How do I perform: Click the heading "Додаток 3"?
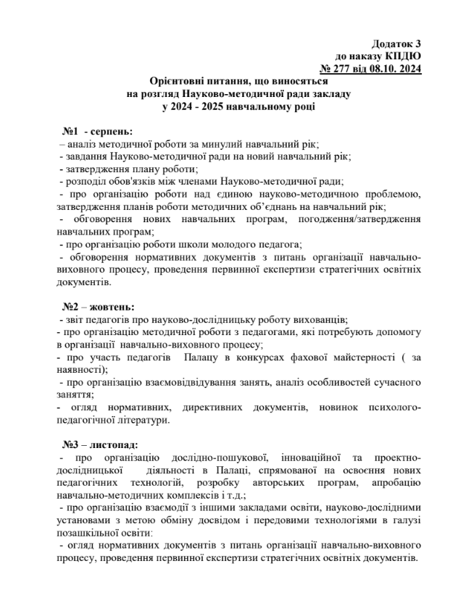pyautogui.click(x=396, y=44)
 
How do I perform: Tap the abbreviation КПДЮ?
pyautogui.click(x=404, y=56)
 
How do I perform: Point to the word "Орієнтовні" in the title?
pyautogui.click(x=178, y=82)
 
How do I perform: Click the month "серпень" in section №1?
pyautogui.click(x=109, y=132)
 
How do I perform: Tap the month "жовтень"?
pyautogui.click(x=110, y=307)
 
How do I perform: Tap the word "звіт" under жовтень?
pyautogui.click(x=71, y=319)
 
